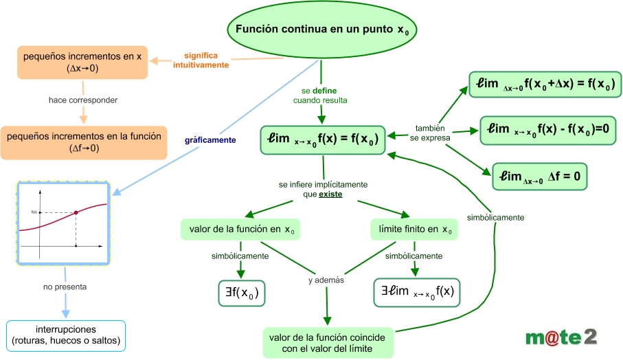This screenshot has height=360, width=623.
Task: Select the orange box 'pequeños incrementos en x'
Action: click(x=82, y=63)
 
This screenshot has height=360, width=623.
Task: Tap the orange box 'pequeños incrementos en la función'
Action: click(x=83, y=142)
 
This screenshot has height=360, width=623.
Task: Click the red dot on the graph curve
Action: click(x=76, y=212)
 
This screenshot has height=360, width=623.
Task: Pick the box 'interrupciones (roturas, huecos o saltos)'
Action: click(x=66, y=335)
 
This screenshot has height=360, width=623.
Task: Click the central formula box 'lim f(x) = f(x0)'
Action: click(x=322, y=139)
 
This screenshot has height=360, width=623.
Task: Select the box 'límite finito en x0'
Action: click(x=411, y=228)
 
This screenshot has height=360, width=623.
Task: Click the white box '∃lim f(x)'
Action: click(x=417, y=291)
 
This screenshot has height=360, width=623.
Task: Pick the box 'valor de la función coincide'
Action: click(x=328, y=343)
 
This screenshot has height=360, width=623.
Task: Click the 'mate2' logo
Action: click(x=561, y=336)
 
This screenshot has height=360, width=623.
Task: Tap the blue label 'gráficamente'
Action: click(x=210, y=139)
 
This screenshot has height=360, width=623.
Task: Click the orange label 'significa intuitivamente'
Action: click(x=201, y=59)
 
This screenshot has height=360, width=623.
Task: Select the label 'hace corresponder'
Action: click(x=83, y=100)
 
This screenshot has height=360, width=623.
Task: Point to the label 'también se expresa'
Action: click(x=431, y=133)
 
